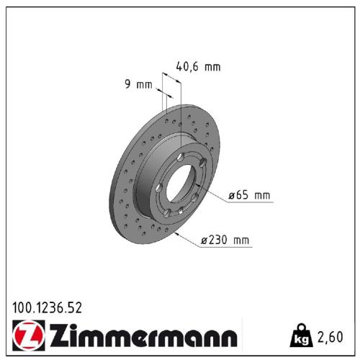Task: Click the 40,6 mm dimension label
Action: (198, 67)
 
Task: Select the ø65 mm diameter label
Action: (248, 195)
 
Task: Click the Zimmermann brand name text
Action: (141, 336)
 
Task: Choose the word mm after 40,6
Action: (211, 67)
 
